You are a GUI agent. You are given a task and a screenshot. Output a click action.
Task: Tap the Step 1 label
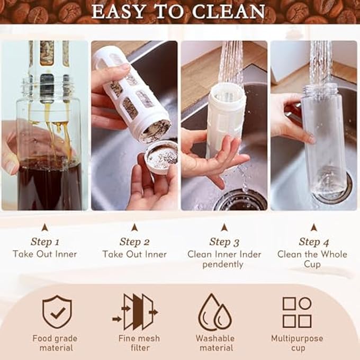45,242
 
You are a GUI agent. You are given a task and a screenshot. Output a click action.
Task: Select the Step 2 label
134,242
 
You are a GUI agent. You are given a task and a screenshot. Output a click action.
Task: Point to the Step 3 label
224,242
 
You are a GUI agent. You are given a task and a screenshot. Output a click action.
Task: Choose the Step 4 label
313,242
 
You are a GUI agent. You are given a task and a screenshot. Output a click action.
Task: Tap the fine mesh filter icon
134,312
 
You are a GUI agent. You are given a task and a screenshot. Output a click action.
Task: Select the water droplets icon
214,312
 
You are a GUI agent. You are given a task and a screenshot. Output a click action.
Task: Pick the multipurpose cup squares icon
296,312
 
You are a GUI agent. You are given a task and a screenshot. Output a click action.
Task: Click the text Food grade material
55,343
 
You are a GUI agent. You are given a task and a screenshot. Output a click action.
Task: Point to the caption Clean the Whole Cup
312,259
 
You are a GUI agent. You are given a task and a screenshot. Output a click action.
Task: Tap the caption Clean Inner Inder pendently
224,259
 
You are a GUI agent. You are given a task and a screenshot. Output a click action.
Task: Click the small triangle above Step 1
45,227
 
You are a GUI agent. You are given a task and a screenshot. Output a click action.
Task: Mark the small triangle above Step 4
313,227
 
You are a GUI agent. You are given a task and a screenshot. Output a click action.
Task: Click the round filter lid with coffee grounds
160,156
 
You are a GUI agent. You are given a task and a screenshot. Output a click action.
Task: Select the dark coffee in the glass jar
49,183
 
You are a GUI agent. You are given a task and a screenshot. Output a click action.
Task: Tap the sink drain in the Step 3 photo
241,200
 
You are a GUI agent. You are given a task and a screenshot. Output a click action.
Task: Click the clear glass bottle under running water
323,138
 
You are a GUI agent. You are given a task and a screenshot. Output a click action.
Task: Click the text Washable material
214,343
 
